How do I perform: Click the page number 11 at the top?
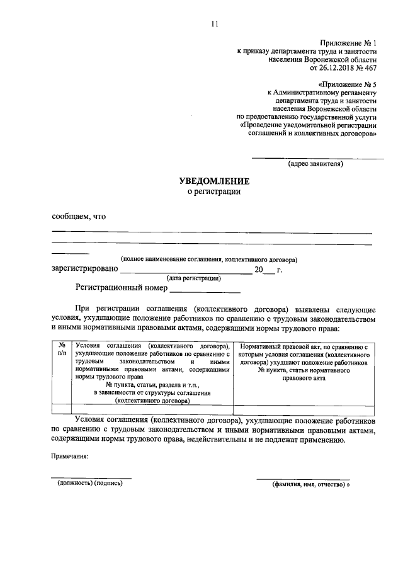coord(214,24)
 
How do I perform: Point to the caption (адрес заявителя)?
coord(315,164)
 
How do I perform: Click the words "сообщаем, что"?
coord(78,217)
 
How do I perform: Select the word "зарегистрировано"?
coord(84,270)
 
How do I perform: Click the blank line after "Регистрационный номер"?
coord(205,290)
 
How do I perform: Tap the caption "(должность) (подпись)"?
coord(89,484)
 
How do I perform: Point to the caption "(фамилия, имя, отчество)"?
coord(309,484)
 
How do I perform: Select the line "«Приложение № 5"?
coord(348,83)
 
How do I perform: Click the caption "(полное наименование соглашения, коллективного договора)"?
coord(210,259)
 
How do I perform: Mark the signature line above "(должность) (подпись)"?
coord(91,478)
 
